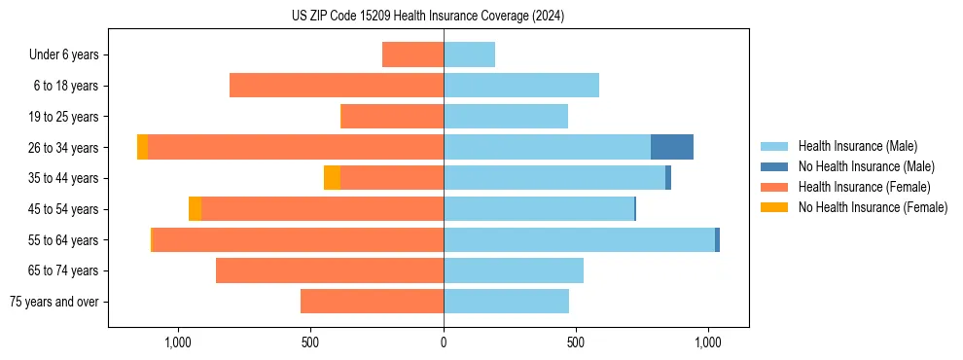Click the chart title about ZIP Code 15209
(x=428, y=17)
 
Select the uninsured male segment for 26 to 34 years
(x=671, y=147)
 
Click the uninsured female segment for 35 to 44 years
(x=332, y=178)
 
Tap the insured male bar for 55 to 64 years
(x=579, y=239)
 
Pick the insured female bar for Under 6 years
(x=412, y=54)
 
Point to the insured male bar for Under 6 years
(x=469, y=54)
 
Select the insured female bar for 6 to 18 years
(x=337, y=86)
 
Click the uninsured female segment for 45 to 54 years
(x=195, y=208)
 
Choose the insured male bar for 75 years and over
(x=506, y=302)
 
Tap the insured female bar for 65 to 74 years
(x=330, y=270)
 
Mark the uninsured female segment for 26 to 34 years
(x=142, y=147)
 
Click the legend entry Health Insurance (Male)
(x=857, y=146)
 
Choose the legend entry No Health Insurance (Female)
(x=873, y=207)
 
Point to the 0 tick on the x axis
(x=444, y=342)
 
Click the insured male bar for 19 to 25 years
(x=506, y=117)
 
